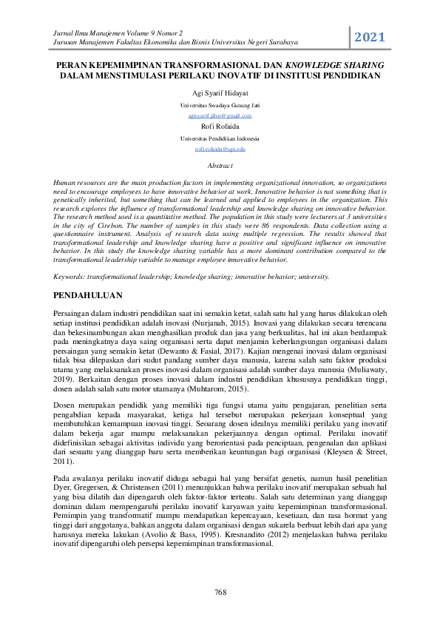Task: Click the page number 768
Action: coord(220,592)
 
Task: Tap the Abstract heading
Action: coord(220,166)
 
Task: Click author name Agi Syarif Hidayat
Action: coord(220,95)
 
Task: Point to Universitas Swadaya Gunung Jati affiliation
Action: coord(220,107)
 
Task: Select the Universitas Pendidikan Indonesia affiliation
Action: coord(220,138)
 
